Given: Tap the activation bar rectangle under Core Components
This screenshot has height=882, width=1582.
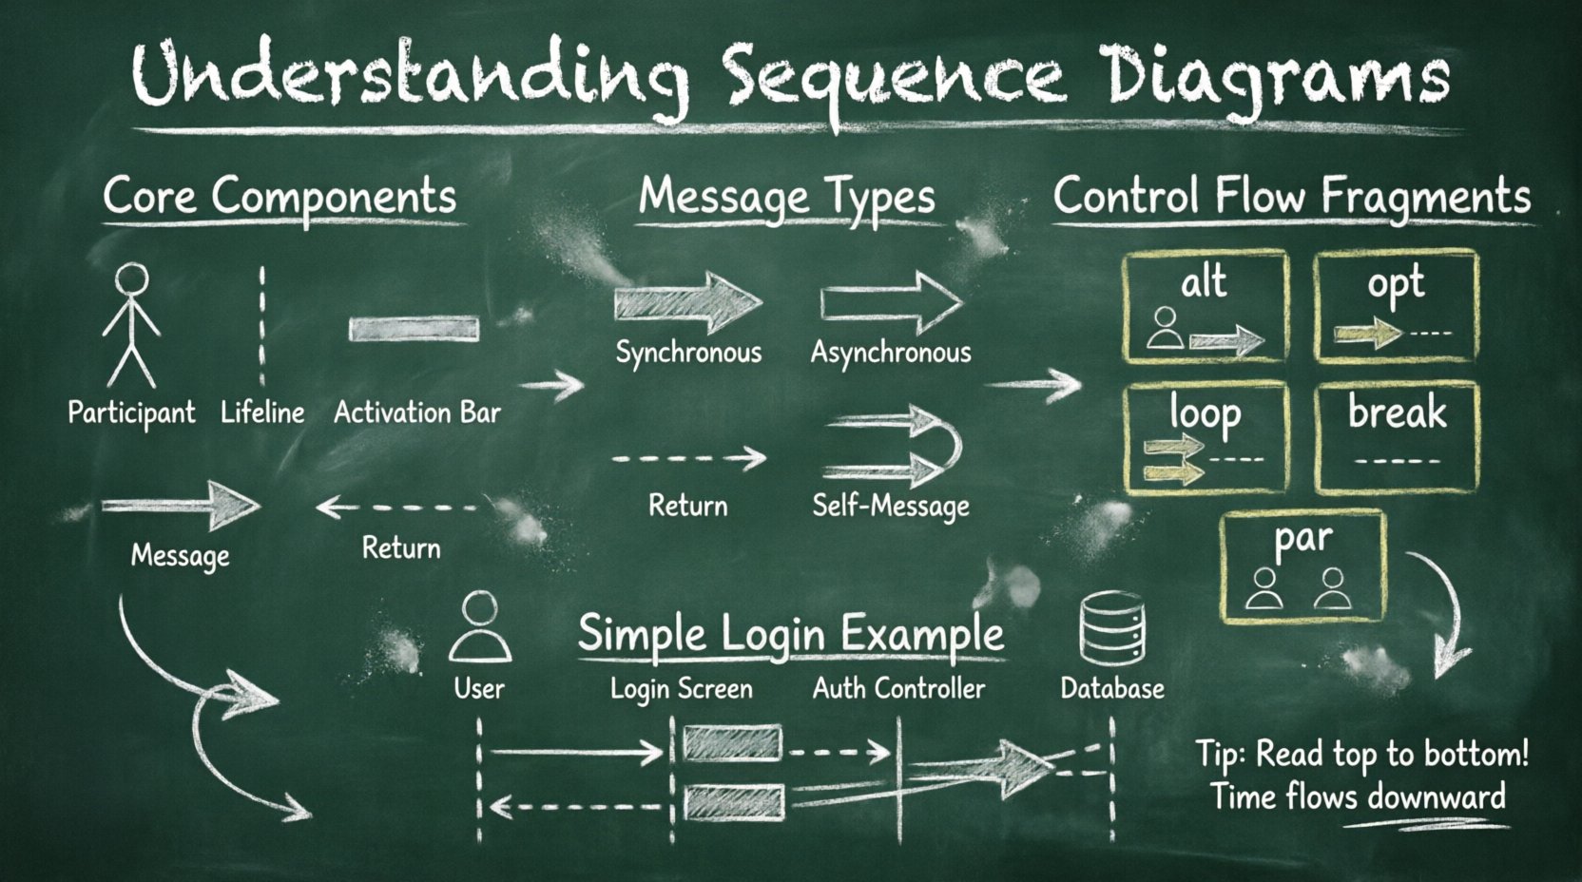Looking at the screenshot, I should [x=414, y=329].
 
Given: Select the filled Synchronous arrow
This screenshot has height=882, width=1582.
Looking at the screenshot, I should [x=686, y=302].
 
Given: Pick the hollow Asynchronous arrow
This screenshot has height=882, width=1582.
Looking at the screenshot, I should [x=891, y=302].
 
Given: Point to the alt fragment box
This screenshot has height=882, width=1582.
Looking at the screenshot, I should [x=1205, y=306].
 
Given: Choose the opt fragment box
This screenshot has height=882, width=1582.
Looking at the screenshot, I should [x=1396, y=306].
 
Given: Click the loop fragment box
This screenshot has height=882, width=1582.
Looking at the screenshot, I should [x=1206, y=438].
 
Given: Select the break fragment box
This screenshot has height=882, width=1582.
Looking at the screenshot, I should [x=1397, y=438].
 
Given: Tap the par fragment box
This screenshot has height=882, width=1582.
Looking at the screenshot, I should [x=1302, y=566].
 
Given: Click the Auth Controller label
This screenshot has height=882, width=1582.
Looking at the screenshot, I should [x=898, y=688].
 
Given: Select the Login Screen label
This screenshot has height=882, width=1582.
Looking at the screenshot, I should [x=681, y=688].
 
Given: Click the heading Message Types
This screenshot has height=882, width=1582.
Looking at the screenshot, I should [x=786, y=197].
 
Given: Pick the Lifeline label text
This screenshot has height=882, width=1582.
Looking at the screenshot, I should [x=262, y=412].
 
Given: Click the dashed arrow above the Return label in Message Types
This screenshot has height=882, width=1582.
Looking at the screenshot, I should [x=688, y=458].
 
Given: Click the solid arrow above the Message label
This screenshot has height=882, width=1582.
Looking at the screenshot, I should [x=181, y=504].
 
